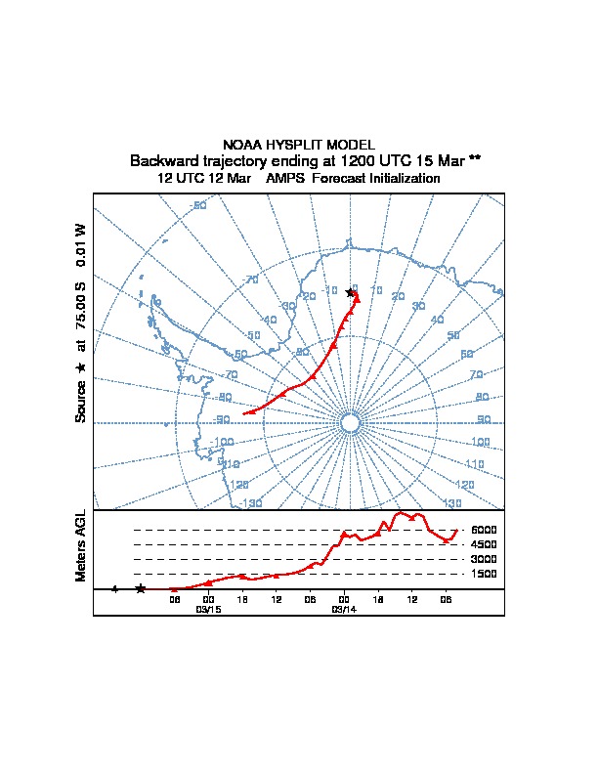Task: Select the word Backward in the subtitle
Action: coord(160,160)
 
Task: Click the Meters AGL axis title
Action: coord(81,546)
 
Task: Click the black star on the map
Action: coord(350,293)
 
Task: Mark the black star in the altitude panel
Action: coord(141,588)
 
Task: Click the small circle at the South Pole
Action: coord(349,422)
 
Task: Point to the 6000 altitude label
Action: coord(484,531)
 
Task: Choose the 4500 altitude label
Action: coord(484,544)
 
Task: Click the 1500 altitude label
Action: coord(484,574)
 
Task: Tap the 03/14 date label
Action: coord(343,608)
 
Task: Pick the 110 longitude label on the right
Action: coord(474,463)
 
